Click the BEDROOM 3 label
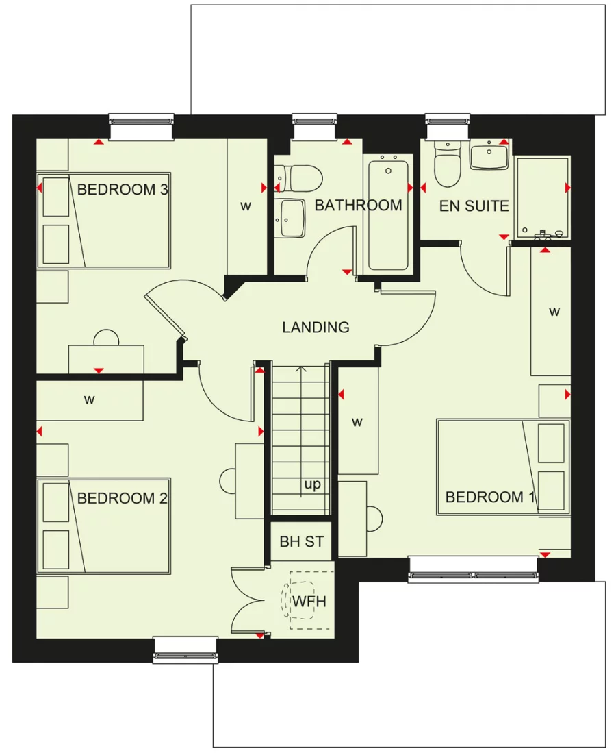point(123,190)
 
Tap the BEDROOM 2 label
point(123,498)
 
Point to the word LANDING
point(316,328)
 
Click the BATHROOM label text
point(358,206)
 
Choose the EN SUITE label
point(474,206)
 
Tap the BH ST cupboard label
point(301,542)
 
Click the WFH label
point(309,602)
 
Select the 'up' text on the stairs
point(312,485)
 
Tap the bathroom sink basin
point(292,218)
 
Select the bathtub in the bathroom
point(388,214)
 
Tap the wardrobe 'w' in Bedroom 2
point(89,400)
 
